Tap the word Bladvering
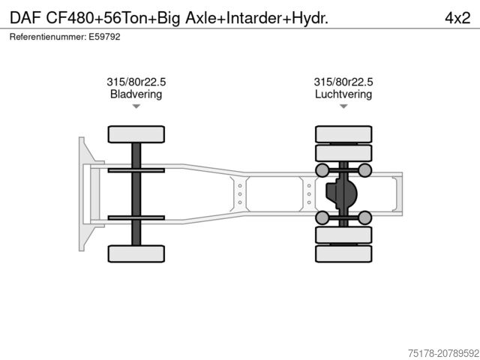tap(136, 94)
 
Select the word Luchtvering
tap(343, 94)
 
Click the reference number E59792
tap(104, 37)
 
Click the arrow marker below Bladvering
tap(136, 107)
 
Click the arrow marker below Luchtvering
tap(343, 107)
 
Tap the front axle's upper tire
tap(136, 134)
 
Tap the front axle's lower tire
tap(136, 253)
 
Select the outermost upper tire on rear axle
tap(343, 134)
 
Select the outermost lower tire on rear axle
tap(343, 253)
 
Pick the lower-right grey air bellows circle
tap(364, 218)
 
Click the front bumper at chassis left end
tap(83, 193)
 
